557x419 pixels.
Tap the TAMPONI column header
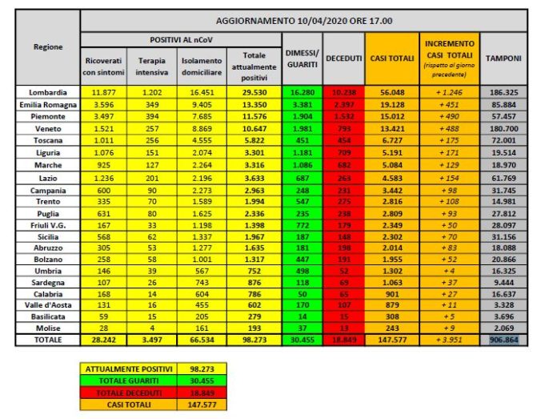click(504, 58)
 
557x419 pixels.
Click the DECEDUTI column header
click(344, 58)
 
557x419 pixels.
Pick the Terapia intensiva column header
click(152, 66)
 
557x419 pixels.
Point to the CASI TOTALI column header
click(391, 58)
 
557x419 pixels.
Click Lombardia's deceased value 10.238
click(344, 92)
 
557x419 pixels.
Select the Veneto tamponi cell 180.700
click(504, 127)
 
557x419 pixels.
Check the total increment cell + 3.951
click(449, 340)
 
